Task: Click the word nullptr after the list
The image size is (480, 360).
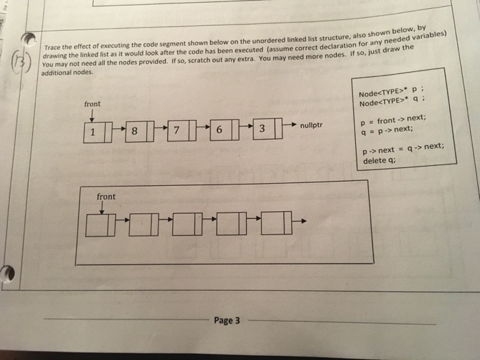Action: point(311,125)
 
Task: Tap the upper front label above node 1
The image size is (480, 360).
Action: point(92,104)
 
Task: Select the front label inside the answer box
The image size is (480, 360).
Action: point(106,197)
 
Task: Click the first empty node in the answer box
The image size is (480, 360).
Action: point(101,225)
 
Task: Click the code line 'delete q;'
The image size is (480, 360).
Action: point(379,162)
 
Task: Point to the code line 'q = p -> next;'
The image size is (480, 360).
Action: point(387,130)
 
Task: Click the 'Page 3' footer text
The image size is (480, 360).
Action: point(226,320)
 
